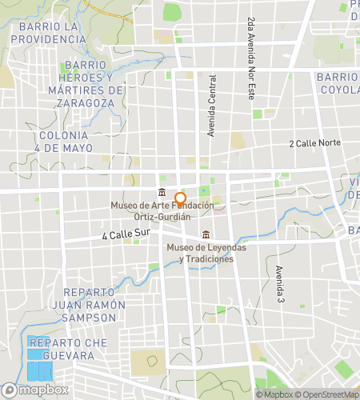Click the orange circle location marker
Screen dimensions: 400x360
click(x=180, y=199)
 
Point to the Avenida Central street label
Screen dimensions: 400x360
click(x=212, y=105)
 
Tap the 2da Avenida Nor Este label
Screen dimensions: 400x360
click(x=251, y=48)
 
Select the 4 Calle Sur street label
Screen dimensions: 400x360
click(x=126, y=235)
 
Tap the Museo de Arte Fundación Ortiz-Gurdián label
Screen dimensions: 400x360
click(x=162, y=211)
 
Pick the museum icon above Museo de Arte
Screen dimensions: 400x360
click(x=162, y=192)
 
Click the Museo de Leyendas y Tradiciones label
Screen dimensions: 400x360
click(x=206, y=253)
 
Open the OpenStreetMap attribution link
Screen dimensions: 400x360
click(x=327, y=394)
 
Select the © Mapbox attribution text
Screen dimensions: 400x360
click(x=274, y=394)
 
